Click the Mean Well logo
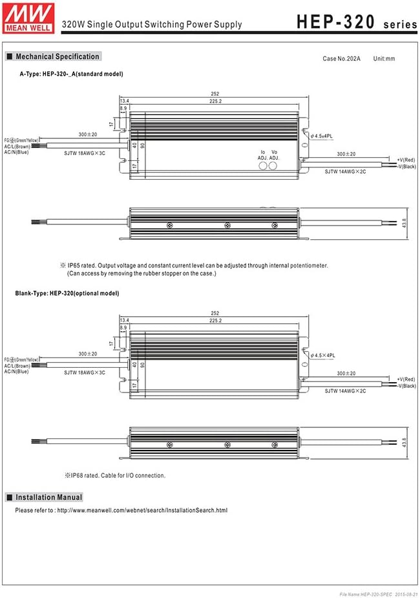pyautogui.click(x=28, y=18)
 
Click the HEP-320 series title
pyautogui.click(x=357, y=22)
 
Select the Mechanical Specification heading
pyautogui.click(x=54, y=56)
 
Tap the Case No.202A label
pyautogui.click(x=341, y=59)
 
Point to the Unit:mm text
pyautogui.click(x=384, y=59)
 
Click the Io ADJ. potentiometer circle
pyautogui.click(x=262, y=166)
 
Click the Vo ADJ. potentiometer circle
pyautogui.click(x=273, y=166)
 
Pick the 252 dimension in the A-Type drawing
pyautogui.click(x=215, y=94)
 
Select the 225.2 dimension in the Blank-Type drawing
pyautogui.click(x=215, y=321)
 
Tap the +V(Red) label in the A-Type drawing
pyautogui.click(x=406, y=160)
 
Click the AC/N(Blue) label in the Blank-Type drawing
pyautogui.click(x=16, y=372)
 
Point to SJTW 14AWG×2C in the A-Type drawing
pyautogui.click(x=345, y=171)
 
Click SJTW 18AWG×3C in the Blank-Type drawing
pyautogui.click(x=85, y=372)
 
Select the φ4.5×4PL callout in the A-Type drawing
pyautogui.click(x=321, y=136)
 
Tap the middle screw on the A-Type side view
pyautogui.click(x=227, y=226)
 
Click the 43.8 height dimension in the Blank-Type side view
pyautogui.click(x=404, y=442)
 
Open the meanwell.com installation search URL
pyautogui.click(x=142, y=510)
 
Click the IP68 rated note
pyautogui.click(x=115, y=476)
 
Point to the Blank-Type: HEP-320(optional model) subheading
pyautogui.click(x=67, y=294)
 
